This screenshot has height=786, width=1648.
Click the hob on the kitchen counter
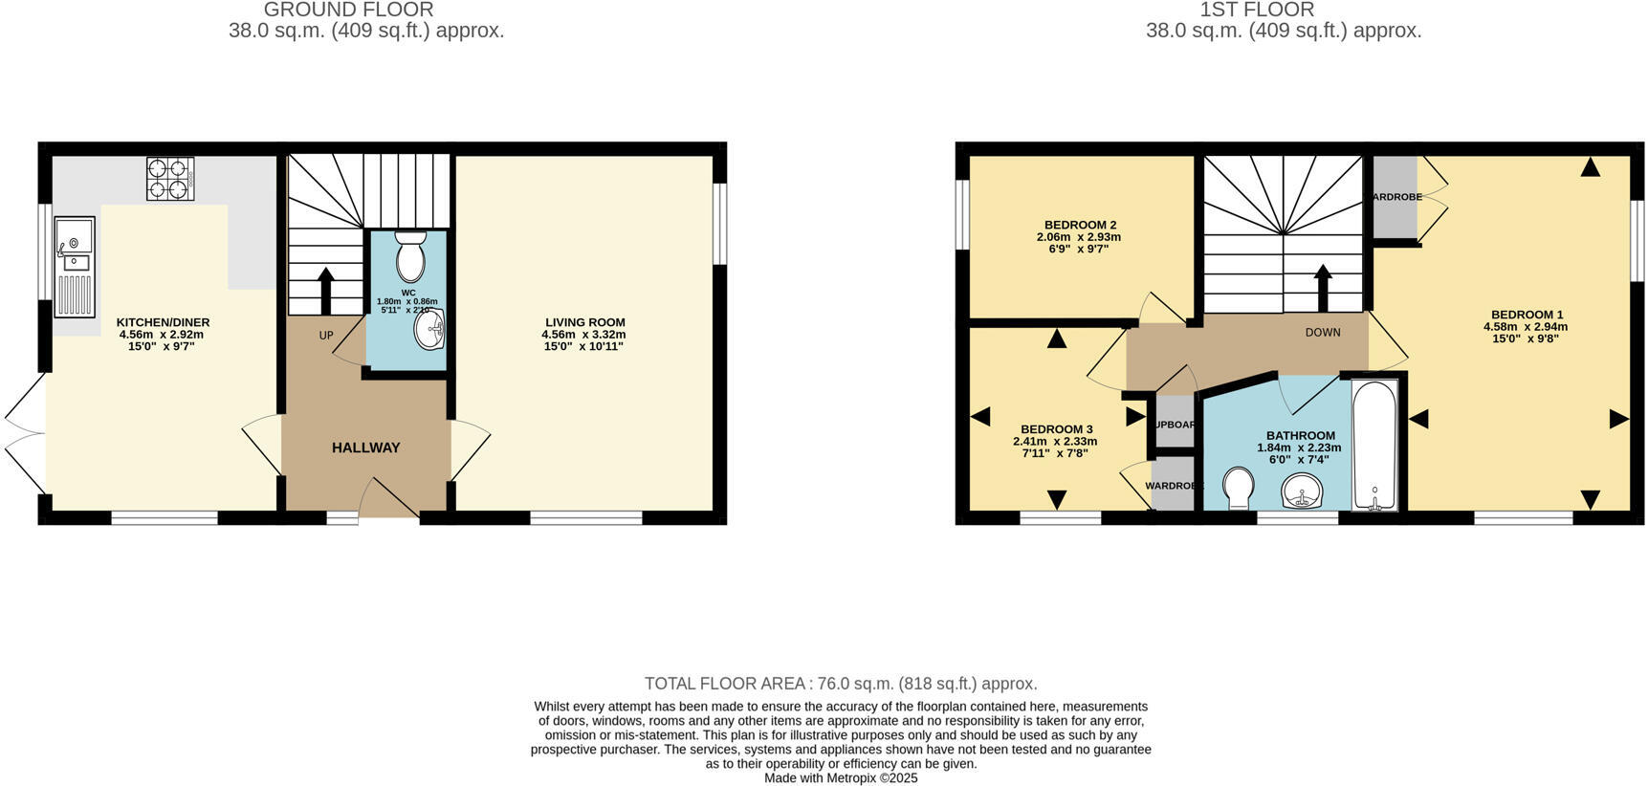(x=170, y=179)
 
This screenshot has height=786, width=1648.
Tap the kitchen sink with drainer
(x=75, y=266)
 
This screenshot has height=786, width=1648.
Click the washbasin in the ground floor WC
(x=429, y=331)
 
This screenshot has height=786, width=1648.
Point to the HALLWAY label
(x=365, y=448)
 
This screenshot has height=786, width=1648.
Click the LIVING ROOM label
(x=584, y=323)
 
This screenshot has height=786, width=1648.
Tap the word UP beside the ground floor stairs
(x=326, y=336)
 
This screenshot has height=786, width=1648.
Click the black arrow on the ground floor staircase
(x=325, y=290)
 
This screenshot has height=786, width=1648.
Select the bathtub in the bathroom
(x=1374, y=446)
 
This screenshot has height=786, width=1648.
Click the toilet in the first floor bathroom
(x=1239, y=489)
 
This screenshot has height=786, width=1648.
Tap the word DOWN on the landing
(x=1323, y=333)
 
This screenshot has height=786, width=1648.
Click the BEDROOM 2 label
(x=1080, y=226)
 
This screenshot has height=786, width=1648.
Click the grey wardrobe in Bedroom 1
(x=1395, y=197)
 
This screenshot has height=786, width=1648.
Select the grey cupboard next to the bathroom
(x=1174, y=425)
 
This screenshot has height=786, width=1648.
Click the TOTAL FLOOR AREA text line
(x=840, y=684)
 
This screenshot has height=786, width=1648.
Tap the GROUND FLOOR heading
(x=348, y=11)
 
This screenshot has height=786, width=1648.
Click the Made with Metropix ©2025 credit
(x=840, y=778)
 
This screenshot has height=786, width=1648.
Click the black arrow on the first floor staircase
(x=1323, y=287)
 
